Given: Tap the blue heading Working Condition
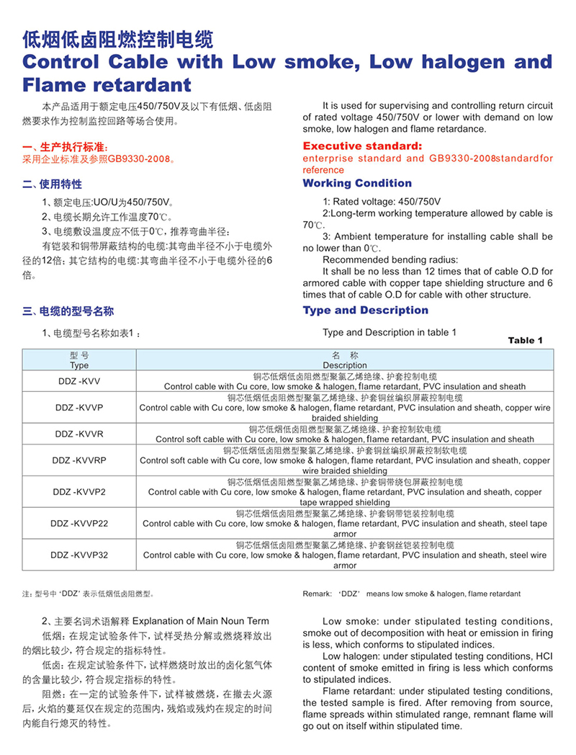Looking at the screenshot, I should coord(357,183).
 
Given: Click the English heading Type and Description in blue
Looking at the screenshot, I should coord(365,311).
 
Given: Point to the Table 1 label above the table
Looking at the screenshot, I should coord(526,340).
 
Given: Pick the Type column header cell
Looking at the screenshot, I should coord(79,361).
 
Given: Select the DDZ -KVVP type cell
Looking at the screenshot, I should coord(79,408).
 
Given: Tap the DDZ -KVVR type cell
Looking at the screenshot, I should coord(79,434).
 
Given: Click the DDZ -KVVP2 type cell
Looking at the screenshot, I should coord(79,491).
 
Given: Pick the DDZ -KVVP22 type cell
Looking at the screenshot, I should coord(79,524).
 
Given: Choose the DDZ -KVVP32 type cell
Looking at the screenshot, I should coord(79,555).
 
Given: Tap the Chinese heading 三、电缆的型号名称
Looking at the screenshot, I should coord(68,311).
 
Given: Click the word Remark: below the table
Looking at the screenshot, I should coord(318,594).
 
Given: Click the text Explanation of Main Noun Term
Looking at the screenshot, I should coord(201,621).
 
